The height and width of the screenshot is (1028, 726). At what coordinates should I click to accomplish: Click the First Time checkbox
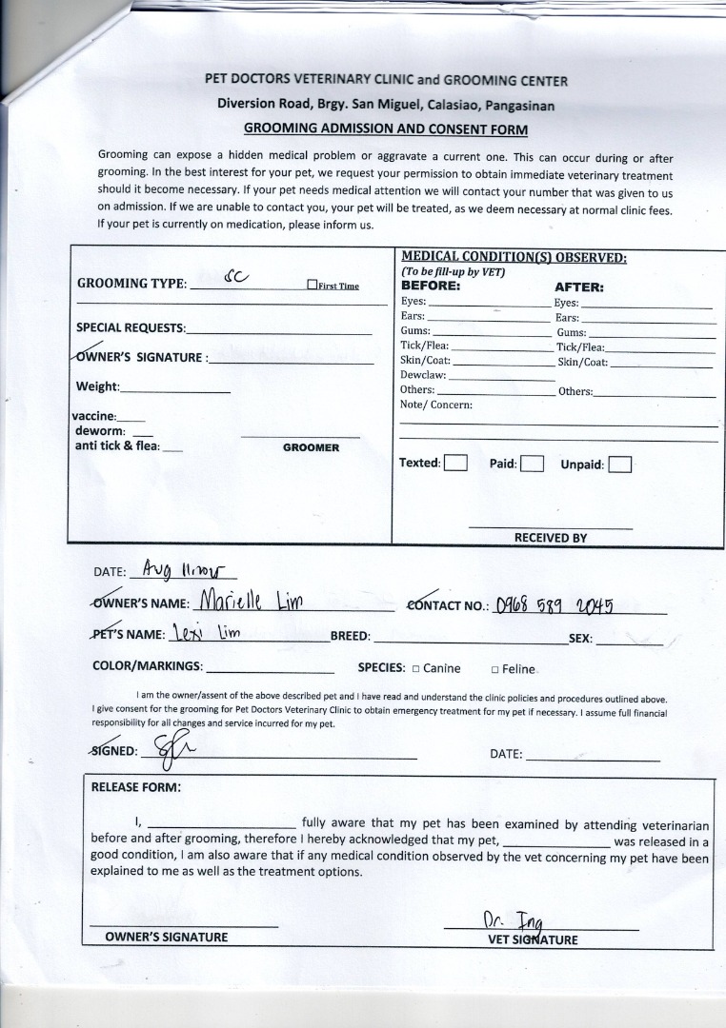pyautogui.click(x=312, y=285)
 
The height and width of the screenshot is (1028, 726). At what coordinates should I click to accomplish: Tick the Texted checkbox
pyautogui.click(x=456, y=464)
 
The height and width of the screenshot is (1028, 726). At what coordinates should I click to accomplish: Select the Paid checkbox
pyautogui.click(x=532, y=465)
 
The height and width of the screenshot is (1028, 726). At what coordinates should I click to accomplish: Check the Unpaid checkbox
pyautogui.click(x=619, y=465)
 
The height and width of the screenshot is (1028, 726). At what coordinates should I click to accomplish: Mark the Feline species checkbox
pyautogui.click(x=494, y=669)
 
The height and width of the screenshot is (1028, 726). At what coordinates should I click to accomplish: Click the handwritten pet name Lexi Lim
pyautogui.click(x=205, y=634)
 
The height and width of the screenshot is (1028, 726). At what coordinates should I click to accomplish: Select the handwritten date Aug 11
pyautogui.click(x=187, y=569)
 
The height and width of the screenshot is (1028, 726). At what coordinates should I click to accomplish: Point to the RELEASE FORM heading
pyautogui.click(x=135, y=787)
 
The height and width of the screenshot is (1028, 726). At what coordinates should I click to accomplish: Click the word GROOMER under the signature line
pyautogui.click(x=311, y=447)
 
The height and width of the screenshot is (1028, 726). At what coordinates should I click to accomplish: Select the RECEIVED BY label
pyautogui.click(x=550, y=538)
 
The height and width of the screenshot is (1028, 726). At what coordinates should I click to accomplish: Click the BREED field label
pyautogui.click(x=350, y=637)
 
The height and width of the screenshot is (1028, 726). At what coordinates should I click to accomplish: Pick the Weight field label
pyautogui.click(x=97, y=386)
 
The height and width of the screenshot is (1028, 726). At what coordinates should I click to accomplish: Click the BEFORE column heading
pyautogui.click(x=431, y=286)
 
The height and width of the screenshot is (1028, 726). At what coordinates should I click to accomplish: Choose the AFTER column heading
pyautogui.click(x=578, y=287)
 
